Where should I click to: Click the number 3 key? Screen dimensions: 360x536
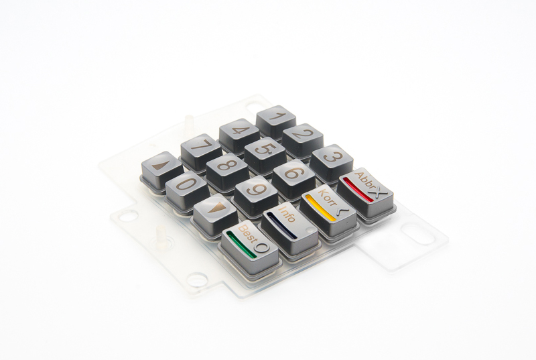point(331,158)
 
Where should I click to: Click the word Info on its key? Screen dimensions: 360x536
point(287,215)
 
